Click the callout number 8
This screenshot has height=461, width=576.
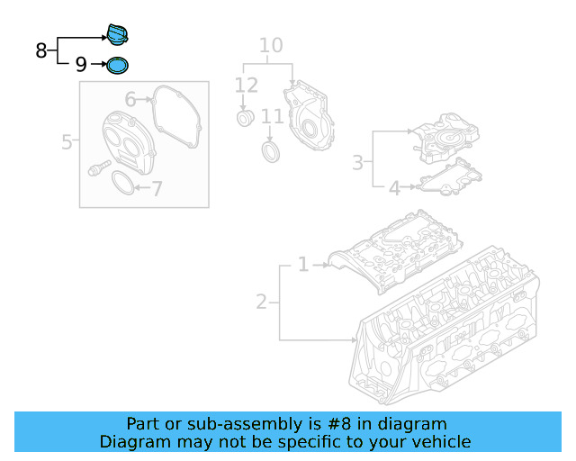point(41,50)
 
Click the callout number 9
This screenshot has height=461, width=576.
point(81,65)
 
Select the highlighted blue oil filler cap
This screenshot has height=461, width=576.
point(117,34)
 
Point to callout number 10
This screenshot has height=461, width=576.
point(271,45)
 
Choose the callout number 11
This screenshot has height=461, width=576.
point(273,117)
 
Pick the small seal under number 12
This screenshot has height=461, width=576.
point(244,120)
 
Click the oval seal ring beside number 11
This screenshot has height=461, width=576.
point(270,150)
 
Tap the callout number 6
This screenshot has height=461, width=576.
point(130,99)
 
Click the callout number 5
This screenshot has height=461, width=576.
point(67,141)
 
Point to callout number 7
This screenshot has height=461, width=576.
point(157,189)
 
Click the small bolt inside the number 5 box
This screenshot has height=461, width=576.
point(96,167)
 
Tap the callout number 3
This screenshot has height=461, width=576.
point(357,163)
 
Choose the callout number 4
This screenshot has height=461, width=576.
point(394,188)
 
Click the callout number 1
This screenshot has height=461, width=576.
point(303,265)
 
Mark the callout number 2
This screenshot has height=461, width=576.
point(261,302)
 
